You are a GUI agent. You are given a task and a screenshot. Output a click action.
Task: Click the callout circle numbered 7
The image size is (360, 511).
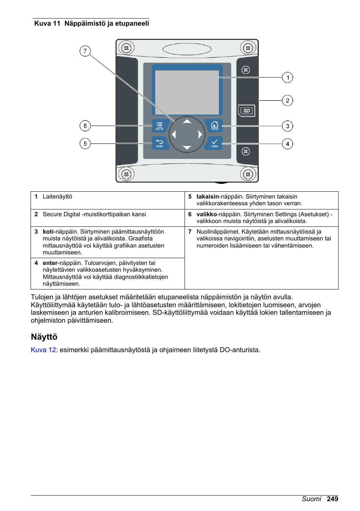tap(85, 51)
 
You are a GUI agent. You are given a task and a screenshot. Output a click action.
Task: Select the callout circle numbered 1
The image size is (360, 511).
tap(288, 78)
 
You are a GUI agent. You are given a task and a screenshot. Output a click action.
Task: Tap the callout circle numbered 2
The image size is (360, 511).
tap(288, 101)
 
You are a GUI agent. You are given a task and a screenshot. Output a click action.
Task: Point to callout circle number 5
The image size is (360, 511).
tap(85, 144)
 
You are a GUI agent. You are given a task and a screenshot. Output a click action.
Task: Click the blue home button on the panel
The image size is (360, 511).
tap(214, 126)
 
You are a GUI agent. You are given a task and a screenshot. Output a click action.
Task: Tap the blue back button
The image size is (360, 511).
tap(160, 143)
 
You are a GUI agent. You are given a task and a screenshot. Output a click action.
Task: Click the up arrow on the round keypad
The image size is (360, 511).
tap(187, 122)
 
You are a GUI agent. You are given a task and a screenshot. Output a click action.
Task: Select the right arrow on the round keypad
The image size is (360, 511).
tap(200, 134)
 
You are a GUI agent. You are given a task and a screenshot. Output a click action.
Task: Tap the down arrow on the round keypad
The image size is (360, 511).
tap(187, 147)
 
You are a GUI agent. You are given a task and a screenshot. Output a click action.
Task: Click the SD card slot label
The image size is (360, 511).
tap(246, 111)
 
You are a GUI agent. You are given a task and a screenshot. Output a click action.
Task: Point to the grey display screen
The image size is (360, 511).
tap(187, 92)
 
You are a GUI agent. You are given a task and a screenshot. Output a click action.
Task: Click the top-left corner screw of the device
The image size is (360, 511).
tap(126, 48)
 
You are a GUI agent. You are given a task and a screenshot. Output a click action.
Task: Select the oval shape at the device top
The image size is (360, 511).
tap(187, 49)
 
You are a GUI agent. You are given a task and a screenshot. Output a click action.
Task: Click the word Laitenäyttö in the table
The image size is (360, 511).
tap(57, 197)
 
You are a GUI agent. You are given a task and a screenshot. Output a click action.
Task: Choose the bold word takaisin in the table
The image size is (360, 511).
tap(208, 197)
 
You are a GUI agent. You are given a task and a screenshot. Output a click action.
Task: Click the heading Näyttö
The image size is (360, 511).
tap(44, 337)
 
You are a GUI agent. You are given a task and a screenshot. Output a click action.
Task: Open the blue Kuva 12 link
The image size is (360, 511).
tap(43, 350)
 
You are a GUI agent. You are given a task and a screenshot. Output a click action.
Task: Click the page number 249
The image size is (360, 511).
tap(332, 499)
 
